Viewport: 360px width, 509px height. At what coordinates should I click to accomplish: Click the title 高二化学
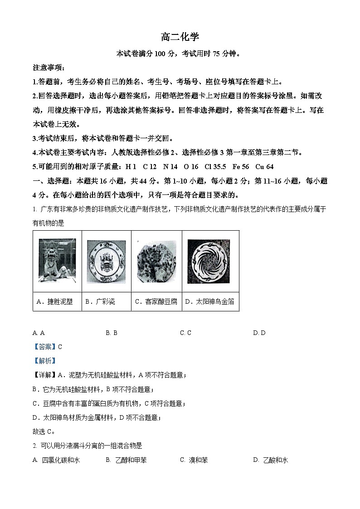[x=180, y=37]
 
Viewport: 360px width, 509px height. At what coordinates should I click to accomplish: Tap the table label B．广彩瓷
[x=100, y=301]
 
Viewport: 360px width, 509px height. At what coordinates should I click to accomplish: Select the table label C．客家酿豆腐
[x=156, y=301]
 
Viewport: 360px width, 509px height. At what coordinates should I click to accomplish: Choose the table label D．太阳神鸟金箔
[x=209, y=301]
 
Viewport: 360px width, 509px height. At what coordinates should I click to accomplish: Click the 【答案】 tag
[x=44, y=347]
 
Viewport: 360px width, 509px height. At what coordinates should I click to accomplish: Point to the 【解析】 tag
[x=44, y=361]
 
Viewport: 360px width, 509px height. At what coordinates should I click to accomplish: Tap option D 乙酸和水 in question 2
[x=271, y=460]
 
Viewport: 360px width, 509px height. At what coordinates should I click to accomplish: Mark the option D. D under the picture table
[x=259, y=333]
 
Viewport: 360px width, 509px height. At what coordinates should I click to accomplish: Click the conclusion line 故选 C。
[x=44, y=431]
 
